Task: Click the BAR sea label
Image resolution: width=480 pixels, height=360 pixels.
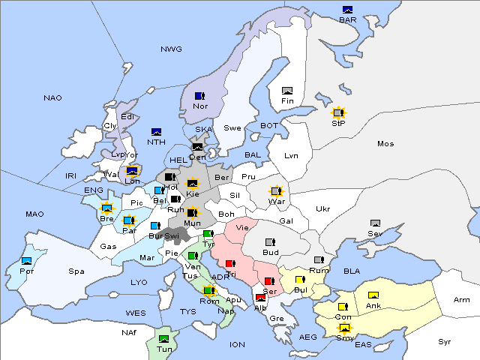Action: (348, 20)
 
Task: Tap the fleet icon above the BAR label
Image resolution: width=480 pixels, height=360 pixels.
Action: (348, 10)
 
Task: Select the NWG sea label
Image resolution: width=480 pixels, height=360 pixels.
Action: (171, 49)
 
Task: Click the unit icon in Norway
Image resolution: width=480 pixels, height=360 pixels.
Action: (199, 96)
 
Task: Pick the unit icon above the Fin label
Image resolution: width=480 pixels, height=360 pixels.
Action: (287, 91)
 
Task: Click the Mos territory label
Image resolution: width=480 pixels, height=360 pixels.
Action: (385, 143)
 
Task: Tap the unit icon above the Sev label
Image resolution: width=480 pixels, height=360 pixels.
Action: (375, 223)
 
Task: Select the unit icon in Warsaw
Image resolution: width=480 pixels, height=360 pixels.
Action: (275, 191)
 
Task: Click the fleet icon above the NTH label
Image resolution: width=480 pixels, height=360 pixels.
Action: (157, 132)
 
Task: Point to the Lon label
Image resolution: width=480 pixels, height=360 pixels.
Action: (133, 181)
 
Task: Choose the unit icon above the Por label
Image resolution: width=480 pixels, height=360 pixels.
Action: (27, 261)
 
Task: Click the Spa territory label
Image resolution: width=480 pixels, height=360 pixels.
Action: (76, 271)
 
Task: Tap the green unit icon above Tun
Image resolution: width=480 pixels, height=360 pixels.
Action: (164, 339)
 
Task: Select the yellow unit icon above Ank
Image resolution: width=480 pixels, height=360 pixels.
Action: (373, 295)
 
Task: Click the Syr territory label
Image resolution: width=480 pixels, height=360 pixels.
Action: (445, 341)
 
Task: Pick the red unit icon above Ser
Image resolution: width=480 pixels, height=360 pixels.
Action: (270, 281)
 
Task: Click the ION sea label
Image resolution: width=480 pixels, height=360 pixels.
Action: (237, 344)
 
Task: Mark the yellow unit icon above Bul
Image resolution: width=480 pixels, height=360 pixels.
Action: (300, 280)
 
